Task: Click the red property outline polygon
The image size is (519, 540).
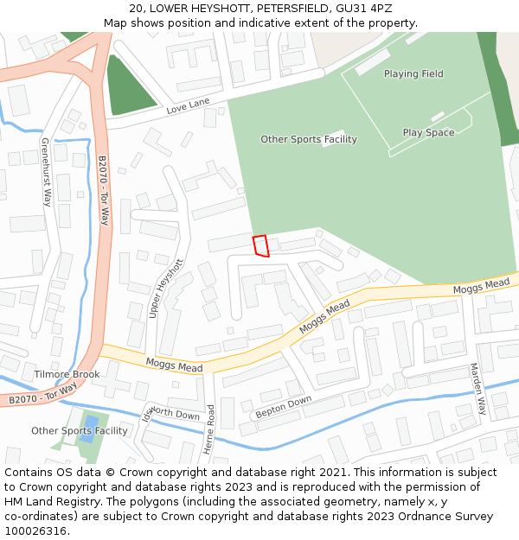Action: pos(260,246)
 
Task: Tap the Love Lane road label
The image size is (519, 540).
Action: pos(189,107)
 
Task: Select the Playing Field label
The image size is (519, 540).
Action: pos(413,74)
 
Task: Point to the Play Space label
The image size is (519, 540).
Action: pos(428,133)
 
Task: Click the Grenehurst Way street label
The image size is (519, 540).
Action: pos(46,171)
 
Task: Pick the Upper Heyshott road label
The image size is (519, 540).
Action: pos(167,289)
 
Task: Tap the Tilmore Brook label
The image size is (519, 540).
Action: pos(67,375)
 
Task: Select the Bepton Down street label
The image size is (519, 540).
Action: pos(283,408)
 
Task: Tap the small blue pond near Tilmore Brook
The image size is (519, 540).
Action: pos(88,429)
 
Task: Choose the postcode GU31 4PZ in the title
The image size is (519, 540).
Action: pos(363,9)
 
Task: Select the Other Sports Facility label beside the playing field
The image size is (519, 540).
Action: pos(308,140)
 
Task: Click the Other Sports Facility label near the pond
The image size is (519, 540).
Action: pos(79,431)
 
